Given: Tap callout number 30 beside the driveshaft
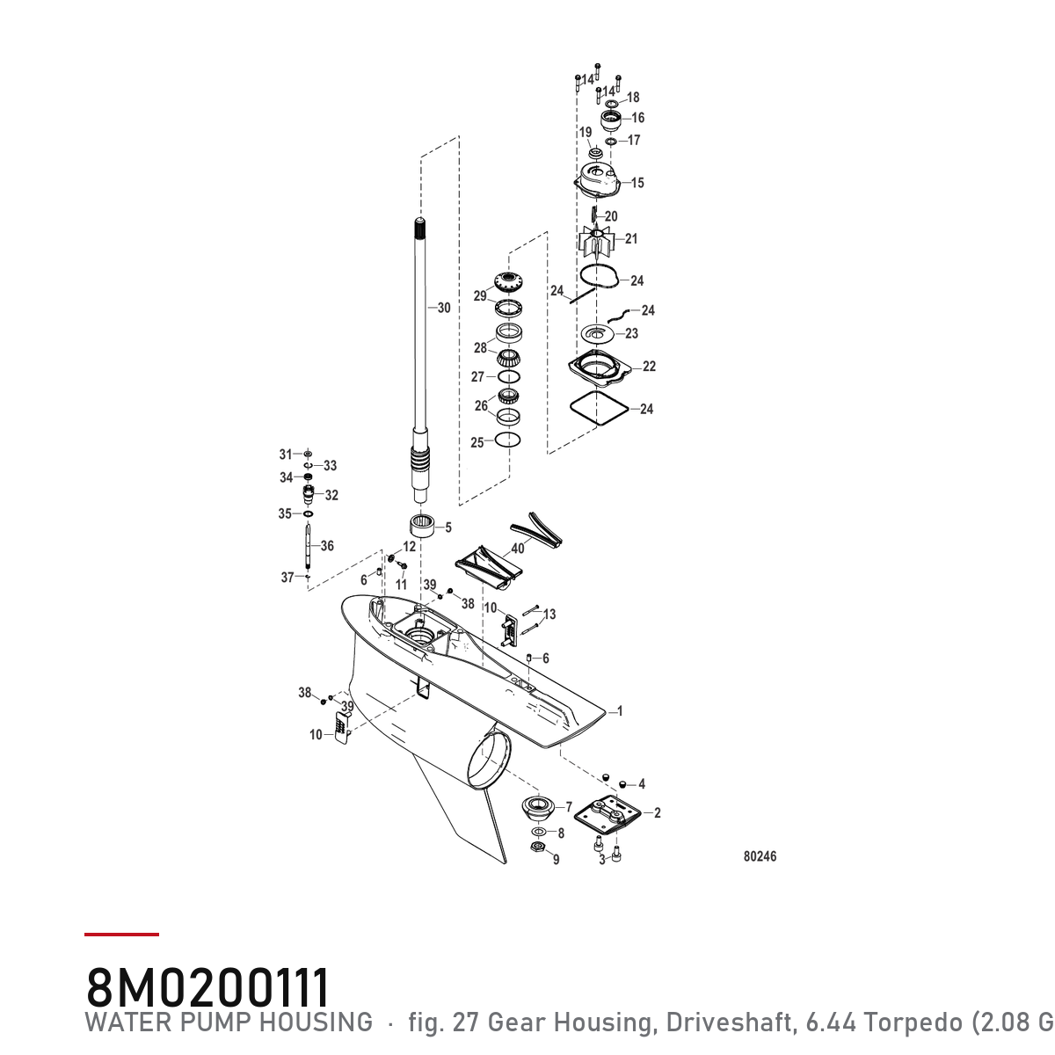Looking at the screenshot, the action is pos(444,308).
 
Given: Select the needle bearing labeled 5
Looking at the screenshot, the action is pos(422,526).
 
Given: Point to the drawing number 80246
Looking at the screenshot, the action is pos(760,856).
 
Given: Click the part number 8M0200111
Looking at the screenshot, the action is pos(208,986).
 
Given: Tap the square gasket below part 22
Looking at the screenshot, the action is pos(599,408).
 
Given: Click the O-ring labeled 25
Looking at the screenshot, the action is pos(507,439).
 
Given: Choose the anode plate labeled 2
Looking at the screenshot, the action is pos(607,815).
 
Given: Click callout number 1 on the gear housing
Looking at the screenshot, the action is pos(620,711).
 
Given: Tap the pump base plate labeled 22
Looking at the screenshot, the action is pos(600,366).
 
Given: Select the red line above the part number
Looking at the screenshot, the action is pos(121,935).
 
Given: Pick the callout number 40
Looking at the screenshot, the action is pos(517,548).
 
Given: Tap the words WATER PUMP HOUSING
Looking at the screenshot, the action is pos(229,1022).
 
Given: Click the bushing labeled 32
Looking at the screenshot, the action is pos(309,496).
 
